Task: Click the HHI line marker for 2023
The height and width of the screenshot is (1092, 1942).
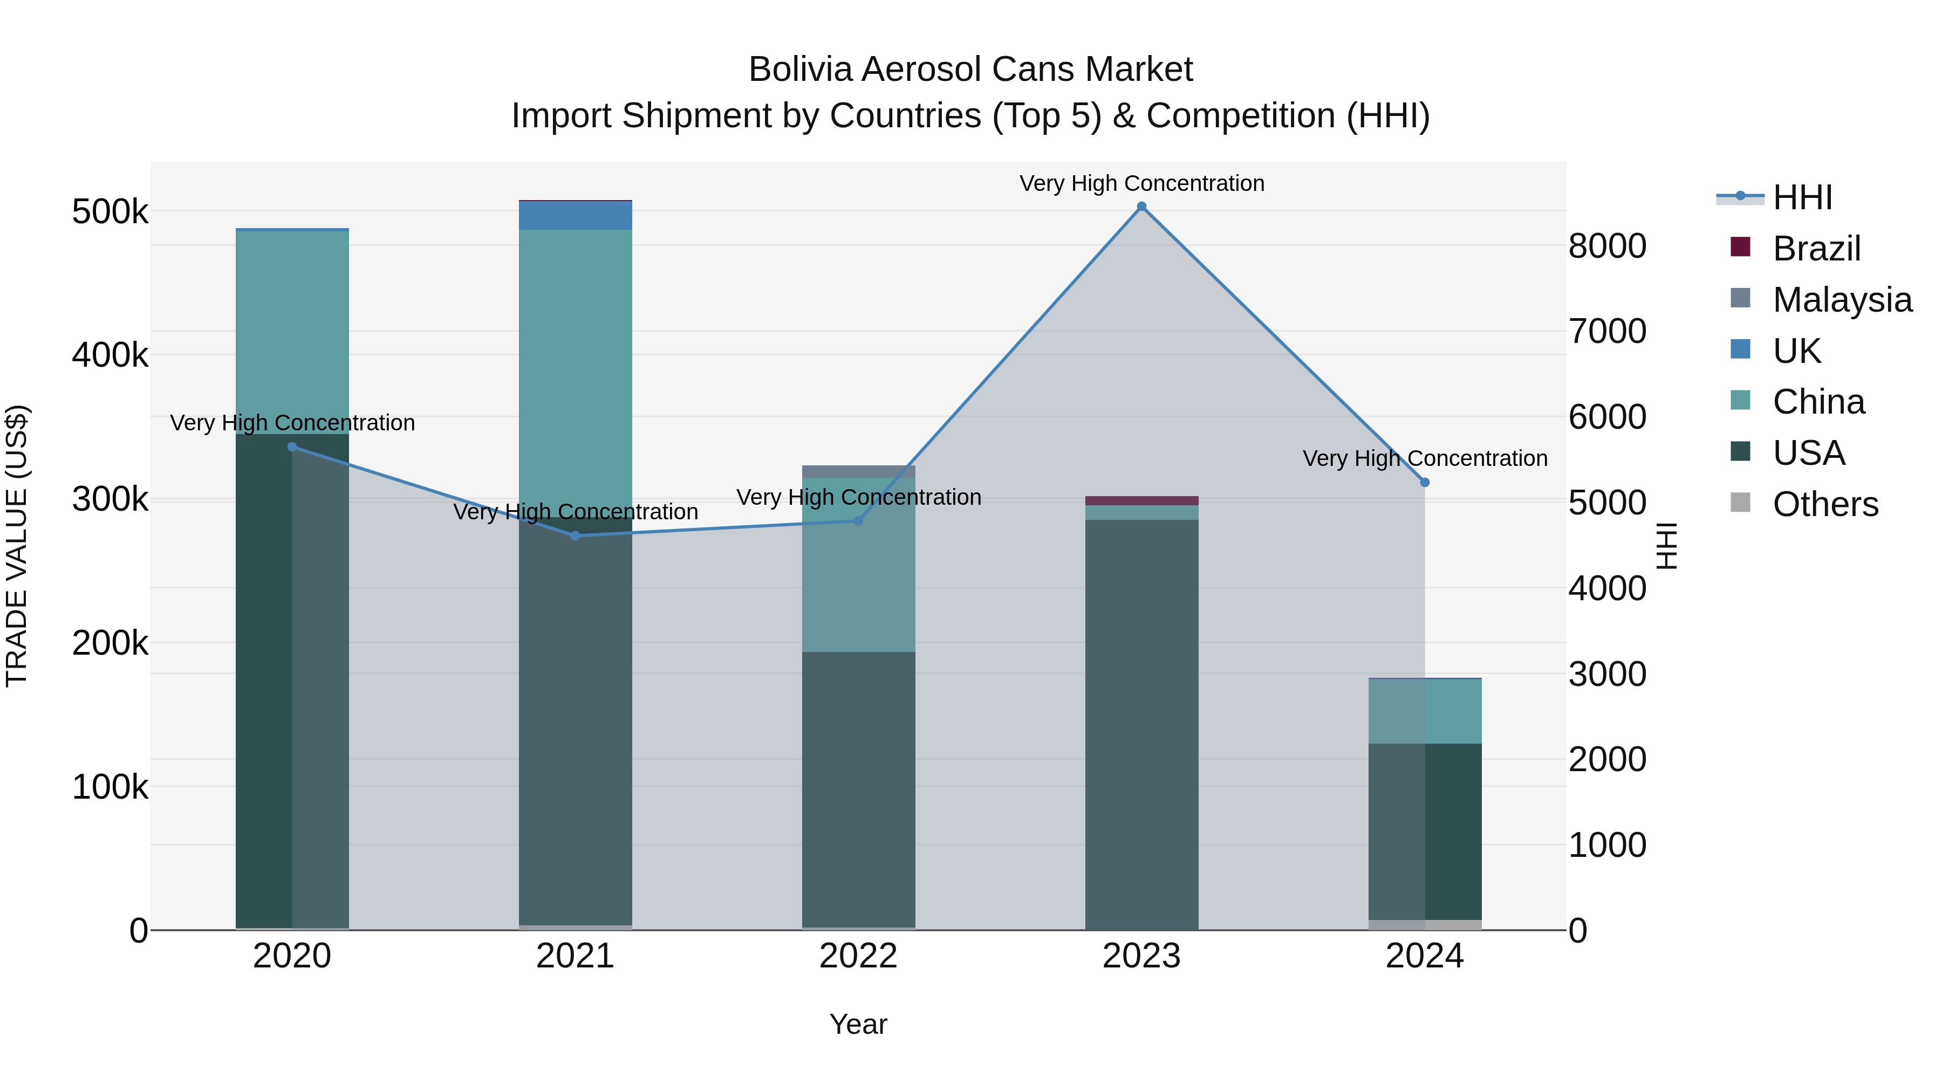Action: click(1141, 207)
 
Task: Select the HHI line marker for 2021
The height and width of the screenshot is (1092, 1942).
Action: click(575, 536)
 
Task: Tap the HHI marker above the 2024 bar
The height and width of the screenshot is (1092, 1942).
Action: click(1425, 482)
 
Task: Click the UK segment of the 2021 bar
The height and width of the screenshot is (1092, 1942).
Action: click(575, 216)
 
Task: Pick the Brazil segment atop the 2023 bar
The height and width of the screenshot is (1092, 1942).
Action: click(1141, 500)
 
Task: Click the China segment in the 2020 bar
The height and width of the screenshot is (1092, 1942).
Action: click(292, 332)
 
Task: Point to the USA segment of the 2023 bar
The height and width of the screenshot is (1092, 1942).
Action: click(1141, 724)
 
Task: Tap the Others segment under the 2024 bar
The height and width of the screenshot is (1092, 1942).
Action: click(1425, 925)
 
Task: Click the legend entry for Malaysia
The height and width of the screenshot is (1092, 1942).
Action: click(1842, 300)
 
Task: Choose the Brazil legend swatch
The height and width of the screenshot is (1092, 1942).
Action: click(1740, 247)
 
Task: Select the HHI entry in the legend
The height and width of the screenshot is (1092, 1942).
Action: click(1802, 197)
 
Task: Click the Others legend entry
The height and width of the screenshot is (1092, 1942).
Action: click(1824, 504)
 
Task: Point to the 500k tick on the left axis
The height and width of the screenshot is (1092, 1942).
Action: click(110, 212)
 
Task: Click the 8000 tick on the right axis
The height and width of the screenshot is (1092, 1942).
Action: click(1608, 246)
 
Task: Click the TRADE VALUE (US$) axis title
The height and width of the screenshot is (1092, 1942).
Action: click(17, 546)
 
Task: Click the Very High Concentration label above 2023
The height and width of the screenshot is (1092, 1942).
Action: click(1141, 183)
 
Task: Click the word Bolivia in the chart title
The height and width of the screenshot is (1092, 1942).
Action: click(800, 70)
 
